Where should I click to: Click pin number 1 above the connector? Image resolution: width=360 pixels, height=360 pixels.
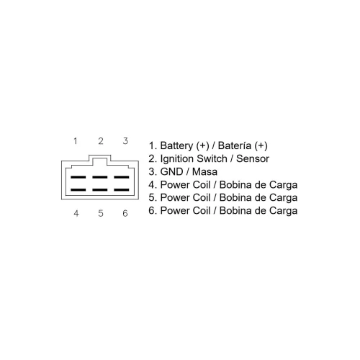pyautogui.click(x=76, y=141)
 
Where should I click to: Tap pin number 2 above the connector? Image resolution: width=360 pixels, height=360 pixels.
pyautogui.click(x=101, y=141)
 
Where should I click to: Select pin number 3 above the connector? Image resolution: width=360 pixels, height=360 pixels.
pyautogui.click(x=125, y=141)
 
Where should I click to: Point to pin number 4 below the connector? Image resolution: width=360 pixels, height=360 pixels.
pyautogui.click(x=76, y=213)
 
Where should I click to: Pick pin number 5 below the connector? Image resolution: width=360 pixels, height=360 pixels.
pyautogui.click(x=101, y=213)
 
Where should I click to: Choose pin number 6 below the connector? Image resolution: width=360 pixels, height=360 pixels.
pyautogui.click(x=125, y=213)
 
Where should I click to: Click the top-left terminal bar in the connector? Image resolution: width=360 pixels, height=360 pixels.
pyautogui.click(x=78, y=177)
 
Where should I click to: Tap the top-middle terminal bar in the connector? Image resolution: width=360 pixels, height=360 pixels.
pyautogui.click(x=100, y=177)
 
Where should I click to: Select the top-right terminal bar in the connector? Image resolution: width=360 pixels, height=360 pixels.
pyautogui.click(x=122, y=177)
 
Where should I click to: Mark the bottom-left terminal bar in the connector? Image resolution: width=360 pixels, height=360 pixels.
pyautogui.click(x=78, y=190)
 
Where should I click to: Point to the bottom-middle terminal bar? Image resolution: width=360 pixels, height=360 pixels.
pyautogui.click(x=100, y=190)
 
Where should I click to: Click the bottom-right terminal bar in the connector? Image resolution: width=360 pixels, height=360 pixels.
pyautogui.click(x=122, y=190)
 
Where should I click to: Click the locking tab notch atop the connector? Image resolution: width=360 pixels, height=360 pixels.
pyautogui.click(x=100, y=156)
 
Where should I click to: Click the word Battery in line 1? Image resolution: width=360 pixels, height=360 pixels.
pyautogui.click(x=176, y=145)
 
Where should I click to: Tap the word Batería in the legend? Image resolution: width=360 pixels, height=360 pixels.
pyautogui.click(x=235, y=145)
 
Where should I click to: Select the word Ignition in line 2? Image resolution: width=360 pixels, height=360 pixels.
pyautogui.click(x=177, y=159)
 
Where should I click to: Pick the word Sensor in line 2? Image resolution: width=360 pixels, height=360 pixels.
pyautogui.click(x=253, y=158)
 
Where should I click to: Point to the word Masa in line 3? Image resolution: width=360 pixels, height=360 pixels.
pyautogui.click(x=204, y=172)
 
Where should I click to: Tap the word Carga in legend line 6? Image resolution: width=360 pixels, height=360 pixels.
pyautogui.click(x=283, y=211)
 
